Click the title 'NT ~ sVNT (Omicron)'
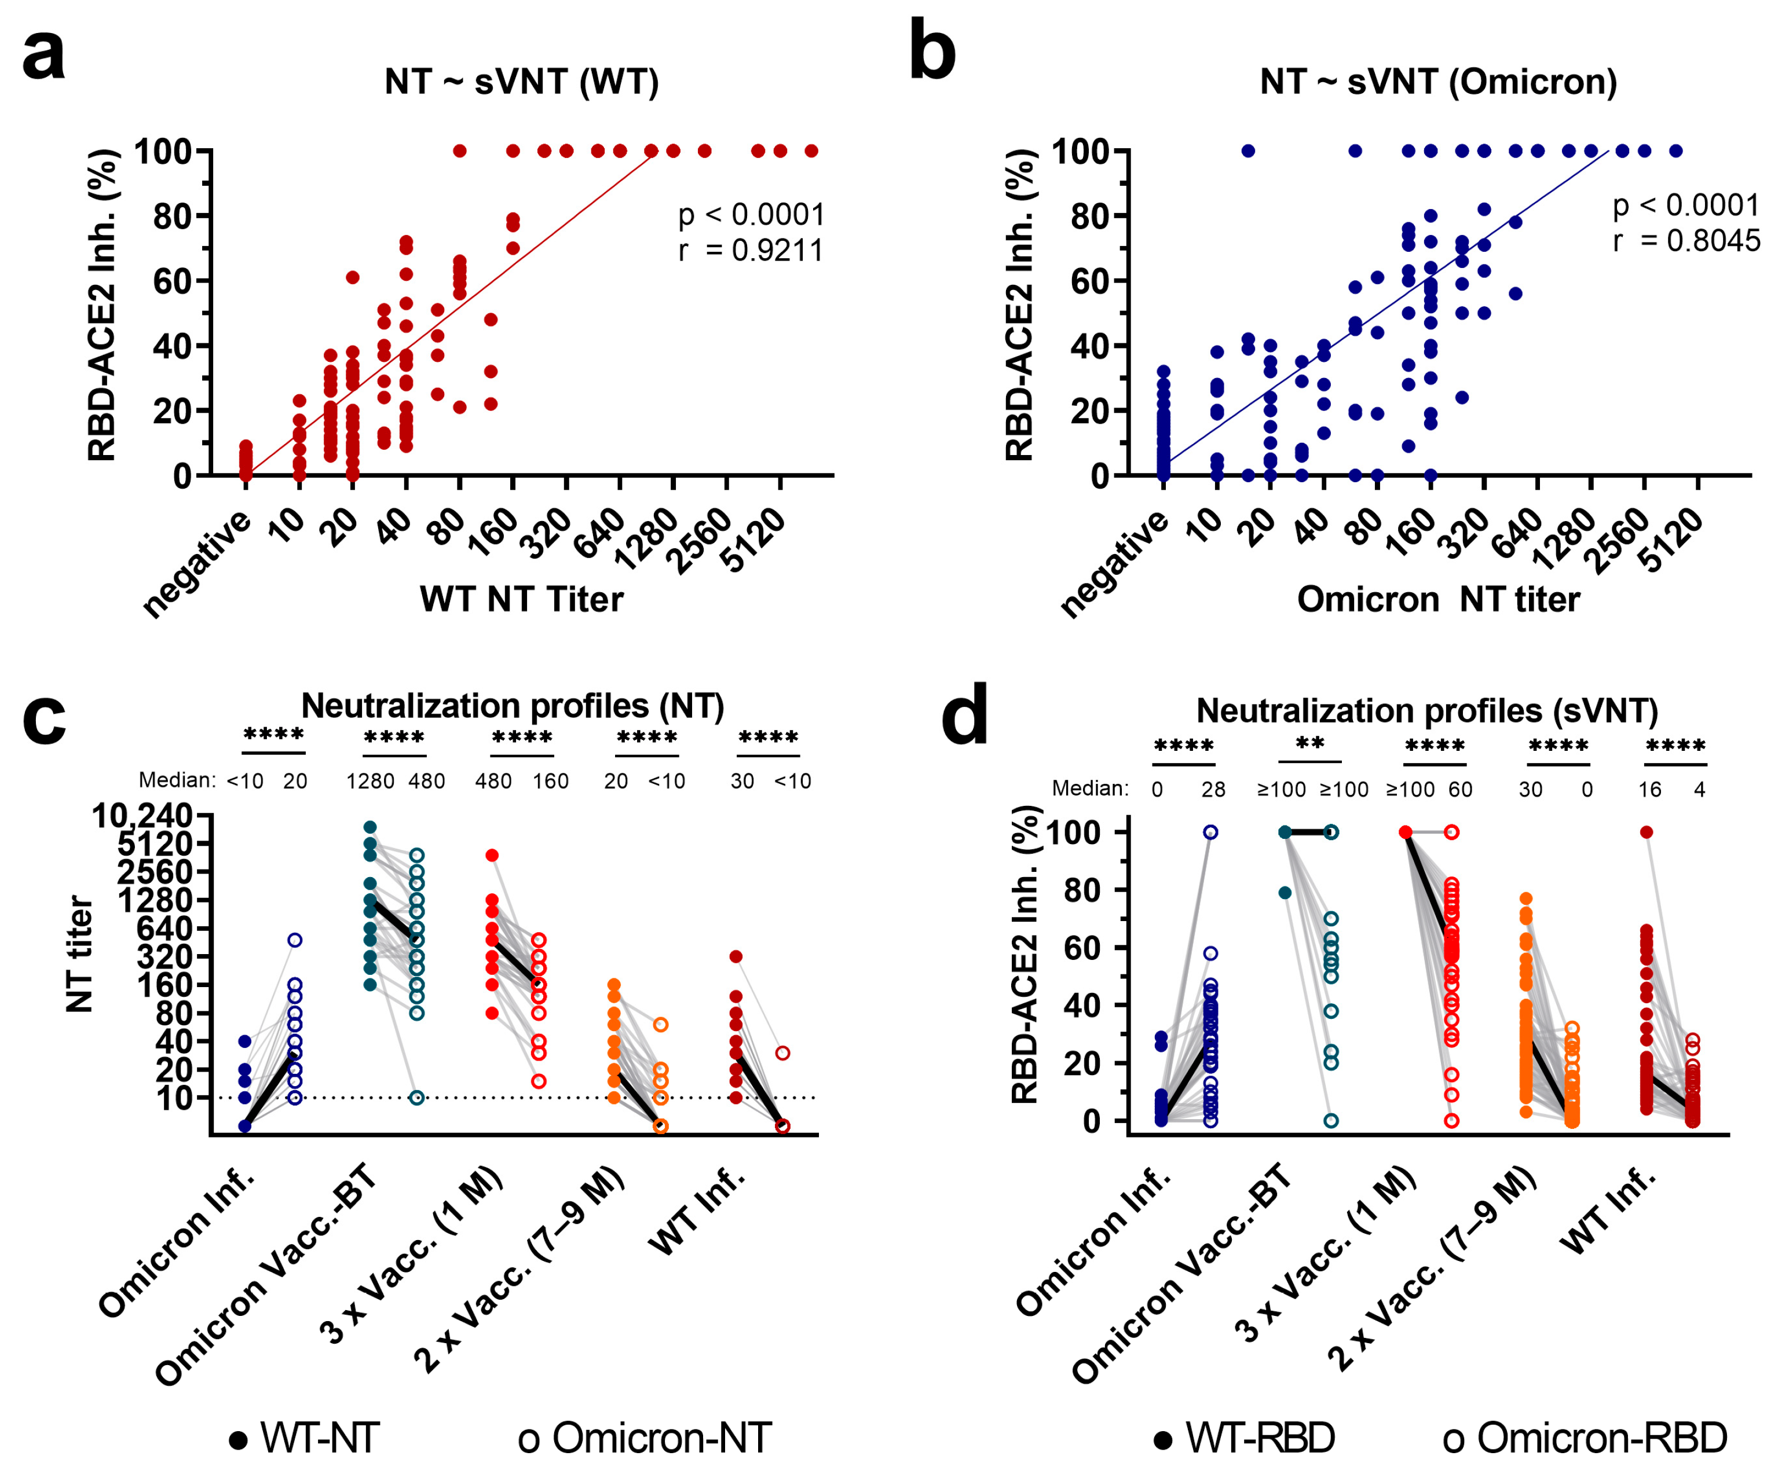[1437, 82]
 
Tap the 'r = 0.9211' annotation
[750, 251]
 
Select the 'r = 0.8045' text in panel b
[1685, 241]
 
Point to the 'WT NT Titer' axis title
[522, 599]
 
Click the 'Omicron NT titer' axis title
[1437, 599]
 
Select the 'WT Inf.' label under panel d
[1607, 1212]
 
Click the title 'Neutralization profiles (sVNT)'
[1426, 711]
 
